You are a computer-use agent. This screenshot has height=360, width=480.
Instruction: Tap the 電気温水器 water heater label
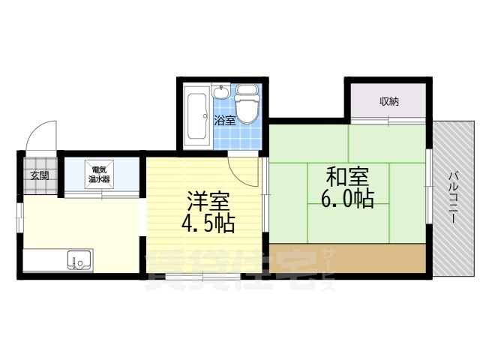pos(99,174)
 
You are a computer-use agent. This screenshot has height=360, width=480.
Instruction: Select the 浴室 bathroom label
pos(224,119)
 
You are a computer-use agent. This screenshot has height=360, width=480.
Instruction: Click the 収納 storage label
pos(388,101)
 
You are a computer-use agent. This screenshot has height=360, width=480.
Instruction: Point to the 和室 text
pos(346,178)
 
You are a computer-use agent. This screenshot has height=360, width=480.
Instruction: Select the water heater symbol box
pos(100,174)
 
